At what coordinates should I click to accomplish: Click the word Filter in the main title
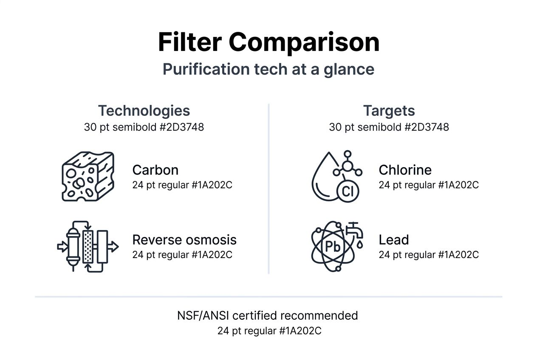(x=189, y=42)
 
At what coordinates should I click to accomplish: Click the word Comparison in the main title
(x=304, y=42)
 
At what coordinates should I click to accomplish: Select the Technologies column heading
(x=144, y=111)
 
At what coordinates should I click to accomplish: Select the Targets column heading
(x=389, y=111)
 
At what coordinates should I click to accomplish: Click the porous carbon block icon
(x=88, y=176)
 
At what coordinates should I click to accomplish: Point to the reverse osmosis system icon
(x=88, y=246)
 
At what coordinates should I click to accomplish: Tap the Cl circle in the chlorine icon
(x=348, y=192)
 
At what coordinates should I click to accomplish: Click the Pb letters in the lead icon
(x=333, y=247)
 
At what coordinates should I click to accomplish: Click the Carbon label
(x=155, y=170)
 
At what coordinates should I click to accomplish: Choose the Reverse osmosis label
(x=184, y=240)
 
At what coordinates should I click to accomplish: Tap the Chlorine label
(x=405, y=170)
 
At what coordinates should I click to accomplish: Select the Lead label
(x=393, y=240)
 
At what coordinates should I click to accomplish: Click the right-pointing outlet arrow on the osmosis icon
(x=113, y=246)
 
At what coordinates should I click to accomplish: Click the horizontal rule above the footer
(x=268, y=296)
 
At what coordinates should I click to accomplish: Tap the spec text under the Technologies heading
(x=144, y=127)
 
